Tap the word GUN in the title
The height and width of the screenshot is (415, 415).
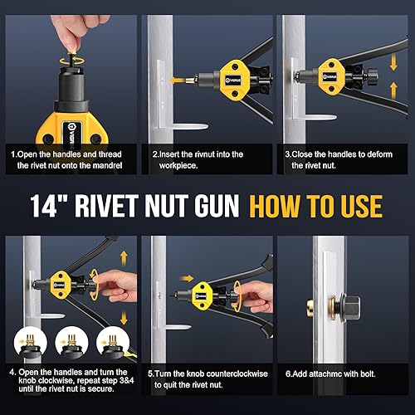pos(217,206)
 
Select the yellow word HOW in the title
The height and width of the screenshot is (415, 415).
pos(274,206)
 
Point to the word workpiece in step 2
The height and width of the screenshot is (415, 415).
pos(178,166)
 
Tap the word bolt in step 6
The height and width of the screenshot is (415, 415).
pos(368,374)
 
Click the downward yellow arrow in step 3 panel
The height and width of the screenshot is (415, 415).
pos(393,62)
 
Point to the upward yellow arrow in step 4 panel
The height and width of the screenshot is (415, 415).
pos(124,258)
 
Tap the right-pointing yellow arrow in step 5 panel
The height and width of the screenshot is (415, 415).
pos(186,278)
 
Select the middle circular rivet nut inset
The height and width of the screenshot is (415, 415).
pos(71,343)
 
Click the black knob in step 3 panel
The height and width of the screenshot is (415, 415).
pos(371,76)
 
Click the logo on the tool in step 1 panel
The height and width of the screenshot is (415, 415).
pos(72,132)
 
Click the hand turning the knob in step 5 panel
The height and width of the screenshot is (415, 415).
pos(255,297)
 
